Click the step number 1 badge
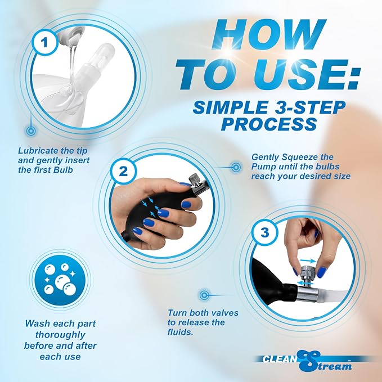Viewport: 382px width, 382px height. coord(44,42)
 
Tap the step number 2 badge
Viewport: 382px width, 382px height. coord(123,171)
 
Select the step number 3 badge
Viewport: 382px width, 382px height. coord(264,232)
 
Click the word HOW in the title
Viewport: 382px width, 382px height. coord(268,34)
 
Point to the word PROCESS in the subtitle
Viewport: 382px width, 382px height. coord(269,124)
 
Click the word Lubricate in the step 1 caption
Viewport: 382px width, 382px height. coord(38,151)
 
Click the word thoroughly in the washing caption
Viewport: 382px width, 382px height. coord(60,335)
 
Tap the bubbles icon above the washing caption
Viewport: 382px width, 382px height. coord(60,279)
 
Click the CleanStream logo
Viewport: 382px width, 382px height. coord(307,361)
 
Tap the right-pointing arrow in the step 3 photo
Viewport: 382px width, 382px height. coord(309,261)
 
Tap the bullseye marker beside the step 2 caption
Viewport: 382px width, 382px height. coord(236,167)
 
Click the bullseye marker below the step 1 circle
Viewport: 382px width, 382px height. coord(31,131)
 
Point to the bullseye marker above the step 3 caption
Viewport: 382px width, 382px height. coord(204,295)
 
